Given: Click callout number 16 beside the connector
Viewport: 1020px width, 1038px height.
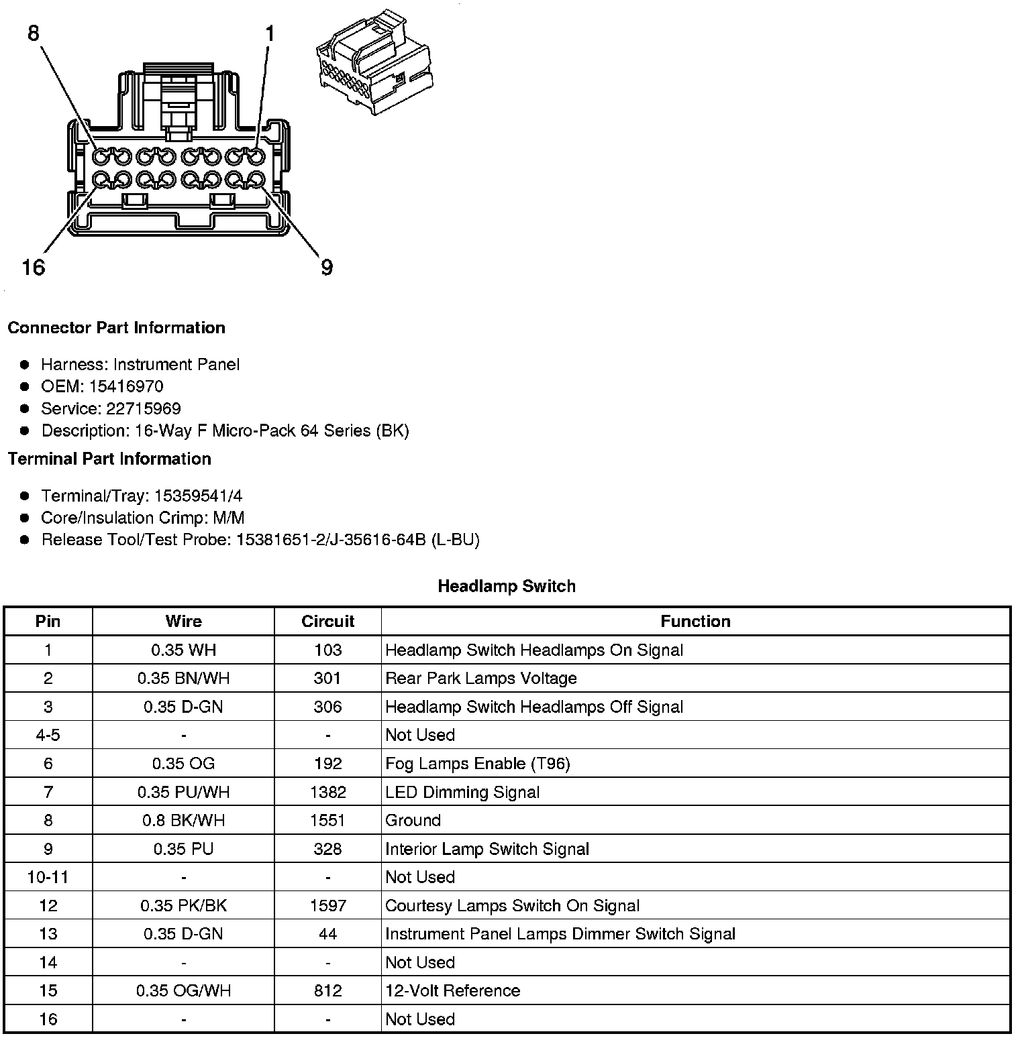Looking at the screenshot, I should pyautogui.click(x=33, y=268).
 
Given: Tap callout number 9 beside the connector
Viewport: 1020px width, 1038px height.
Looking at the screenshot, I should pyautogui.click(x=327, y=268).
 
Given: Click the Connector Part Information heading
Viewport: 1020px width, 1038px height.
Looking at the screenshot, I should pyautogui.click(x=116, y=328).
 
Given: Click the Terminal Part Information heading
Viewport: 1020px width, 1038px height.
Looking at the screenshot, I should pyautogui.click(x=109, y=459).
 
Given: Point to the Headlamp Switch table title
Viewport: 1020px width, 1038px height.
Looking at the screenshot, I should pyautogui.click(x=507, y=586).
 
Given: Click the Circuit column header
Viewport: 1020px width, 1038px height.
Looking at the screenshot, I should pyautogui.click(x=327, y=622).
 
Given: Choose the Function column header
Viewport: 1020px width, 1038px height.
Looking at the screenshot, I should pyautogui.click(x=695, y=622).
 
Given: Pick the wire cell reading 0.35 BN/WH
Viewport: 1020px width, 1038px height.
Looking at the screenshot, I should pyautogui.click(x=183, y=679).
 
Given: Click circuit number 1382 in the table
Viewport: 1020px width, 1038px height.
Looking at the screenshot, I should pyautogui.click(x=327, y=792).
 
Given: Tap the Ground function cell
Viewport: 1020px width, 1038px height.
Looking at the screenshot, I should pyautogui.click(x=413, y=821).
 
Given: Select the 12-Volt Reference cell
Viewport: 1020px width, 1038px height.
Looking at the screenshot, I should pyautogui.click(x=452, y=991).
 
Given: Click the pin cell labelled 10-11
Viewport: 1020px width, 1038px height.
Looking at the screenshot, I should pyautogui.click(x=48, y=877).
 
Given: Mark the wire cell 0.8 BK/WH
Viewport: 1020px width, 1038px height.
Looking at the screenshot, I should pyautogui.click(x=183, y=821).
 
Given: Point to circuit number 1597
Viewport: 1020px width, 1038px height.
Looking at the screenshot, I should pyautogui.click(x=327, y=906).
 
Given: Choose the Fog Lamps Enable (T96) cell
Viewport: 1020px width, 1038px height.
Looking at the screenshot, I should pyautogui.click(x=477, y=764).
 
